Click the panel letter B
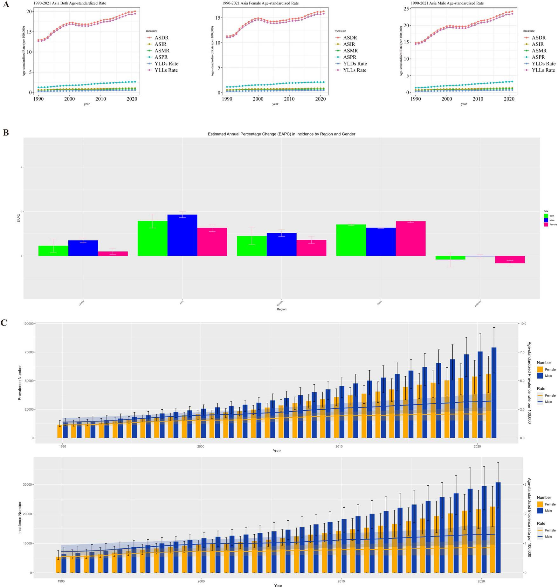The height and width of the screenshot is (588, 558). [5, 133]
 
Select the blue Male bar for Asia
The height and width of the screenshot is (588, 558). [182, 235]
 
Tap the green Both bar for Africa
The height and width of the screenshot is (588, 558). [351, 240]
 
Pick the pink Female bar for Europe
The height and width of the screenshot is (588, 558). [311, 248]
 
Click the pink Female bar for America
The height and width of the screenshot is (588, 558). [510, 259]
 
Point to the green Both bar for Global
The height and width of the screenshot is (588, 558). [53, 250]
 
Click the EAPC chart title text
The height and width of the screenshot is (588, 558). [281, 134]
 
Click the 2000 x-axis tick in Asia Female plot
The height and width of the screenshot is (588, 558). [258, 99]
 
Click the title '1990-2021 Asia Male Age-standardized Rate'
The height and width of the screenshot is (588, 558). [447, 3]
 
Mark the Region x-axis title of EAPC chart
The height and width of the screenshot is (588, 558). [281, 309]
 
